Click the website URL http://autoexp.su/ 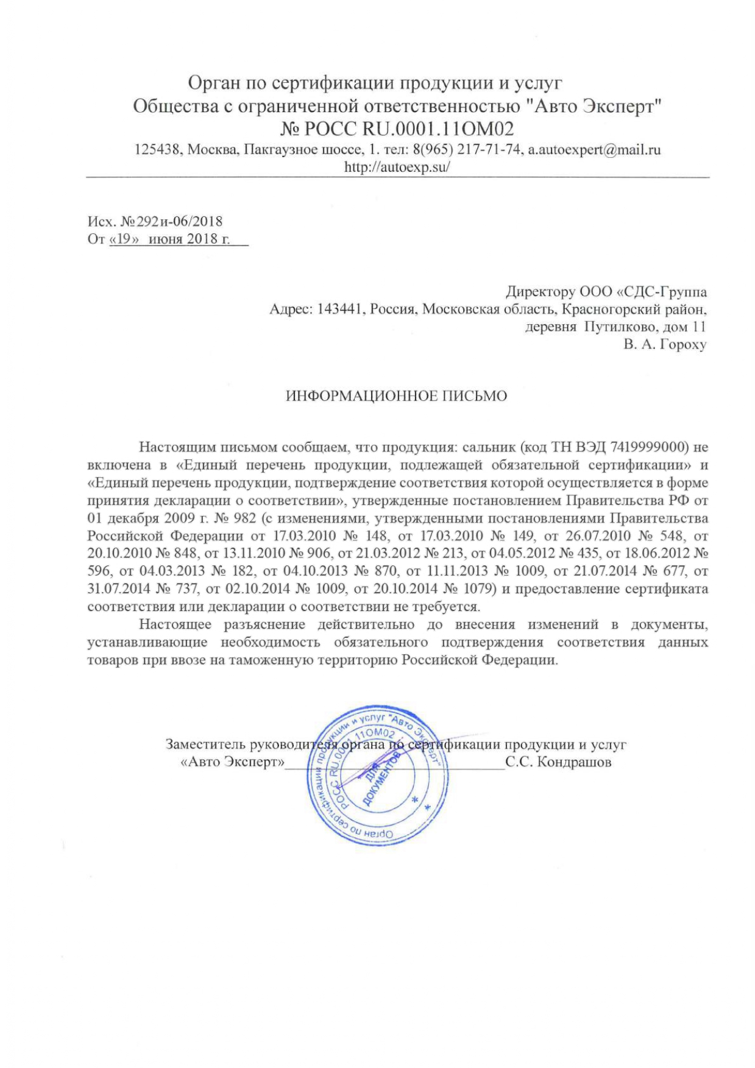[x=397, y=167]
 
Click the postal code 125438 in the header [x=158, y=150]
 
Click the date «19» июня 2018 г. [x=169, y=239]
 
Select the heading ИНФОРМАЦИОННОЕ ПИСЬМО [x=396, y=396]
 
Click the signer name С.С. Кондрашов [x=558, y=762]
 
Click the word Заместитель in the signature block [x=206, y=744]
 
